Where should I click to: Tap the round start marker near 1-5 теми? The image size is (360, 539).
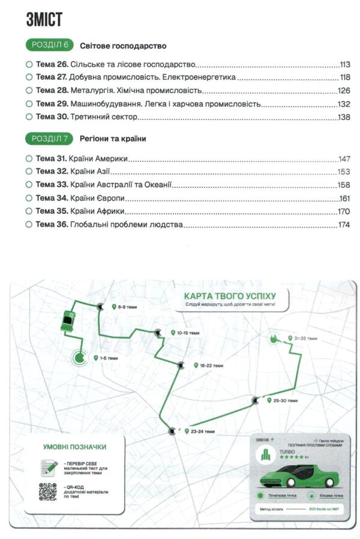point(80,358)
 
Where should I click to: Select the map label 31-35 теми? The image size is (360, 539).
point(305,339)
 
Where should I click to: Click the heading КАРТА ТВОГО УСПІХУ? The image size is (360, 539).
point(229,297)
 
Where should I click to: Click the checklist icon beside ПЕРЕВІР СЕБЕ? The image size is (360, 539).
point(48,466)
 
